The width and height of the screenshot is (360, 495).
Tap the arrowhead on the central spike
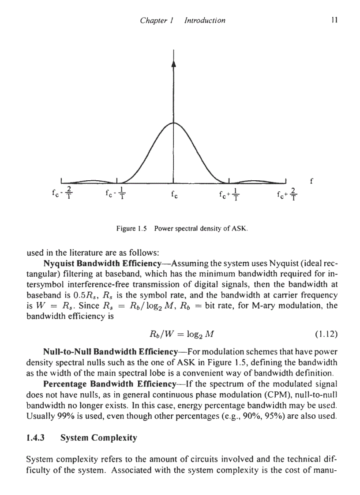[x=173, y=64]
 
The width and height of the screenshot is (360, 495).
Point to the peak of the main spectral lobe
[x=173, y=123]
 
